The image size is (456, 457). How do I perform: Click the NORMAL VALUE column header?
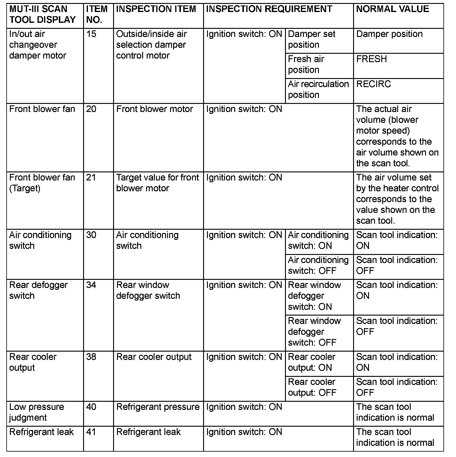point(392,9)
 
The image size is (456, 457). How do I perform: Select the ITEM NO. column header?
point(97,14)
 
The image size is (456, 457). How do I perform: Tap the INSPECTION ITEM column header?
point(156,9)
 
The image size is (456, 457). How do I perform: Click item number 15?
point(91,34)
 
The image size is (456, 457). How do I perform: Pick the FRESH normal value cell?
point(371,59)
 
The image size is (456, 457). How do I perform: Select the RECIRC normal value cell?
point(373,84)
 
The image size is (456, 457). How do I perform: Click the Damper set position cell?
point(311,39)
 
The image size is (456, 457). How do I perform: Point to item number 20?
point(91,109)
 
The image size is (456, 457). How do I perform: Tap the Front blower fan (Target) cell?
point(42,183)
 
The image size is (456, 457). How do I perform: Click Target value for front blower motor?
point(157,183)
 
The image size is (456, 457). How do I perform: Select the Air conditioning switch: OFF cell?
point(318,265)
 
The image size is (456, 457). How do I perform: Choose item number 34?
point(91,285)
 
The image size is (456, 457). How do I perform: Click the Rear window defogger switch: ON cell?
point(314,296)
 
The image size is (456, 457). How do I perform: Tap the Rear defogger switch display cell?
point(38,290)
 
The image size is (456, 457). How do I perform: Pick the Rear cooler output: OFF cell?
point(312,387)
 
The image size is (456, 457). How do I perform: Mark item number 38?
point(91,357)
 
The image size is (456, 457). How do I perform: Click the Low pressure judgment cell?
point(37,412)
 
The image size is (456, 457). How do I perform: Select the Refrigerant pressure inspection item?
point(158,407)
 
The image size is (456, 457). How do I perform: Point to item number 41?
point(91,432)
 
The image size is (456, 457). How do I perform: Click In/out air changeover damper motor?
point(37,45)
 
